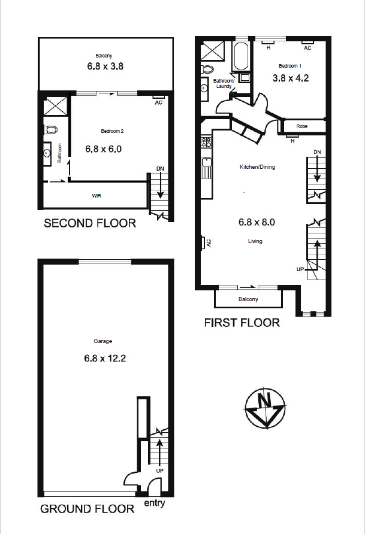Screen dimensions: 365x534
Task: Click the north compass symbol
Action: pyautogui.click(x=266, y=408)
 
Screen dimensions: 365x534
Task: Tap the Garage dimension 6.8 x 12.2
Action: pyautogui.click(x=105, y=358)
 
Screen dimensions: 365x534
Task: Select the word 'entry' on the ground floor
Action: pyautogui.click(x=155, y=503)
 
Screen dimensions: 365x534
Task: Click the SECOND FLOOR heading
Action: pyautogui.click(x=90, y=223)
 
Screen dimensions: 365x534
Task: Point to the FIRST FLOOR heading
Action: pyautogui.click(x=242, y=323)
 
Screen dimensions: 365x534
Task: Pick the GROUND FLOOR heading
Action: pyautogui.click(x=88, y=509)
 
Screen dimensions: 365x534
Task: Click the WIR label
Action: pyautogui.click(x=96, y=196)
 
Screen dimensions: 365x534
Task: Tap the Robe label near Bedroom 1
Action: pyautogui.click(x=302, y=126)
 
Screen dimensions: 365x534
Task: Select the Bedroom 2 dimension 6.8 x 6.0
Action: pyautogui.click(x=103, y=149)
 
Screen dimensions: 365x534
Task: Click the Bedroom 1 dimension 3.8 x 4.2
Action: pyautogui.click(x=291, y=78)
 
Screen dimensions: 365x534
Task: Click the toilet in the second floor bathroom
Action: pyautogui.click(x=50, y=129)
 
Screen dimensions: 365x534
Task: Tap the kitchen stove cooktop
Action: pyautogui.click(x=206, y=142)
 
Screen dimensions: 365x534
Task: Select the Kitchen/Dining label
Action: pyautogui.click(x=257, y=167)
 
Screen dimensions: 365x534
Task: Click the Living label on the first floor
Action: pyautogui.click(x=255, y=241)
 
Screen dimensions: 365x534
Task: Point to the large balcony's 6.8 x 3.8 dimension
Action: pyautogui.click(x=105, y=66)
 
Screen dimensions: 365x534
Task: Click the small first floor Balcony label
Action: pyautogui.click(x=248, y=299)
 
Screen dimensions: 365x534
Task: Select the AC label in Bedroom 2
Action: pyautogui.click(x=158, y=102)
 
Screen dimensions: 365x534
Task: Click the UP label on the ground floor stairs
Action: pyautogui.click(x=159, y=471)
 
